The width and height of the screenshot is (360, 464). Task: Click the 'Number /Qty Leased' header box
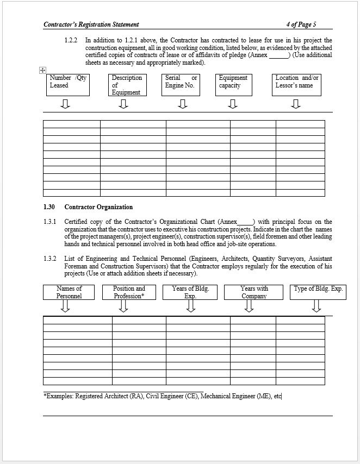[68, 84]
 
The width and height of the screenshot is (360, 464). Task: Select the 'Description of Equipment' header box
[127, 85]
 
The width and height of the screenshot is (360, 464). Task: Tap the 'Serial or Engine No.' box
[181, 84]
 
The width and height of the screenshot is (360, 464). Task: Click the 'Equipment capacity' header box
[234, 84]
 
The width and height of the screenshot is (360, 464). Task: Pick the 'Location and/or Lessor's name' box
[297, 84]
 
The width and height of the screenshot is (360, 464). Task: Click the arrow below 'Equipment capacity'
[233, 103]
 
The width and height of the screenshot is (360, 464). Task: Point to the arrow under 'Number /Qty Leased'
[65, 103]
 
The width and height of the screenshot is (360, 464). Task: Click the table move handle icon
[42, 70]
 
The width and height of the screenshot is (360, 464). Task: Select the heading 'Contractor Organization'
[98, 207]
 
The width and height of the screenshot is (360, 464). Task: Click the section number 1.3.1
[50, 222]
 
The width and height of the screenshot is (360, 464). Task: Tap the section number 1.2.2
[71, 40]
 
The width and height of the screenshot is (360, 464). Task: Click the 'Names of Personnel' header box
[69, 292]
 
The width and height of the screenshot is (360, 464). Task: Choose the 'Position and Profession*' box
[129, 292]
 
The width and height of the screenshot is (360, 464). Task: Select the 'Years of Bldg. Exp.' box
[190, 292]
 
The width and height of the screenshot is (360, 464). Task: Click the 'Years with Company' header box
[254, 292]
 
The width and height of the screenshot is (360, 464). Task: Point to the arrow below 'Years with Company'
[249, 306]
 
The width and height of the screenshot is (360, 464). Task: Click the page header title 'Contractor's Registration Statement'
[91, 24]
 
